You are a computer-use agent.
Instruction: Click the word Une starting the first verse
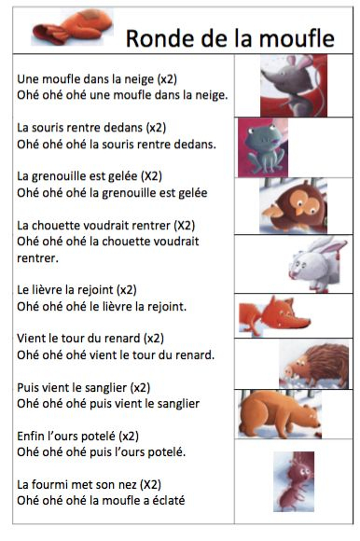[30, 79]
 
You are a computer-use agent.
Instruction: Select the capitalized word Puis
[30, 386]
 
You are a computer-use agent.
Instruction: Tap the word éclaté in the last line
[165, 500]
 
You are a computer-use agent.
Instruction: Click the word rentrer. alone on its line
[38, 257]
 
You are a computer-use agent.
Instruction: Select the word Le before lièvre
[24, 289]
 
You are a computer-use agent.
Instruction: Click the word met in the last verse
[78, 484]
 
